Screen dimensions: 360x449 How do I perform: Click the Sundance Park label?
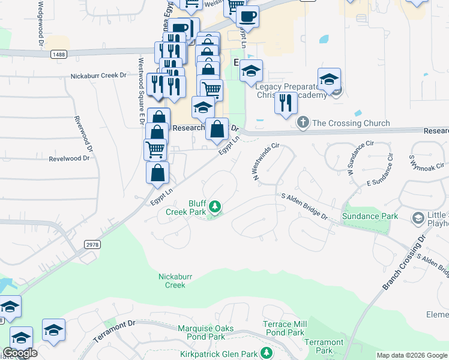[370, 216]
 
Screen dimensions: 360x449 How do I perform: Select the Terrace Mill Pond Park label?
[284, 328]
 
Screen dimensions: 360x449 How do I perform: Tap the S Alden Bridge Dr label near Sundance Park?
[304, 206]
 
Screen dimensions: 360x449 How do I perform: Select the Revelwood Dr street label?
[69, 158]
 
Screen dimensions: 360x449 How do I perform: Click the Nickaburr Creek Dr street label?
[98, 76]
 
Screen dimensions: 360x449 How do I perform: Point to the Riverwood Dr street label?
[83, 134]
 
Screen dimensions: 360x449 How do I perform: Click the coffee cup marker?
[247, 16]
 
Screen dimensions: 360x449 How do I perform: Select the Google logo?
[20, 353]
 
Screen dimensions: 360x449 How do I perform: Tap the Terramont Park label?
[324, 346]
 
